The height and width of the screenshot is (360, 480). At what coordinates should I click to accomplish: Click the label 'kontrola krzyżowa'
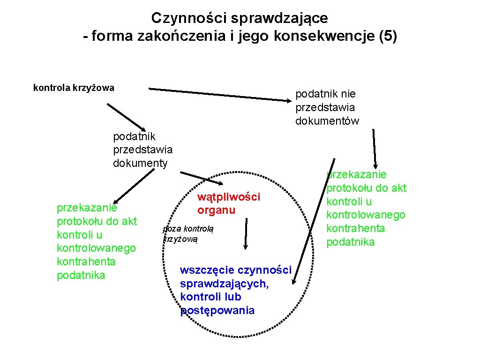click(x=74, y=88)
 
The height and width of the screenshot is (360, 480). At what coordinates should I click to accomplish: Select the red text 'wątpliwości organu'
click(x=228, y=203)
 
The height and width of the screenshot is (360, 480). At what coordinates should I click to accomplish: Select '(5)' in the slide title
click(x=387, y=37)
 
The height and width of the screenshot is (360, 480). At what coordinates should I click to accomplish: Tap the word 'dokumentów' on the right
click(x=327, y=121)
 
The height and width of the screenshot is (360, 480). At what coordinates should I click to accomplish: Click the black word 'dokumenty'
click(x=140, y=163)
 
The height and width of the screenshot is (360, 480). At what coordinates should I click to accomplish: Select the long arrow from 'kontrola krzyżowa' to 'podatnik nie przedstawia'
click(x=220, y=94)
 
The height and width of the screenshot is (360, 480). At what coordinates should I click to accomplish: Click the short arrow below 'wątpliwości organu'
click(x=245, y=233)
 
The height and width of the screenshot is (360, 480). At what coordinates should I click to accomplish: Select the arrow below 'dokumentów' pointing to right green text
click(x=375, y=148)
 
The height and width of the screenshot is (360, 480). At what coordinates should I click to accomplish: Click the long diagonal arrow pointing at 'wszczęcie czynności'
click(x=313, y=220)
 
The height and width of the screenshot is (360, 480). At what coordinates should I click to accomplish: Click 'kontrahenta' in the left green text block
click(x=86, y=262)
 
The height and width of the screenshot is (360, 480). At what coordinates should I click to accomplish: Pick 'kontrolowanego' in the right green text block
click(x=366, y=215)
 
